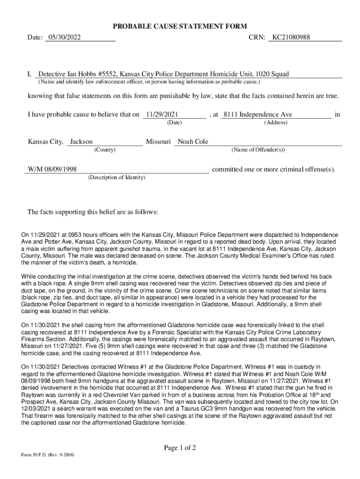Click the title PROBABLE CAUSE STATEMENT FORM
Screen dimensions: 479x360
click(179, 26)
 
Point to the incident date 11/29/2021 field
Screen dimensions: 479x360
click(161, 115)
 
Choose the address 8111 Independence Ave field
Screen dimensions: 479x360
click(258, 115)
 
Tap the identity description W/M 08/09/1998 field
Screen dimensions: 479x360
click(51, 169)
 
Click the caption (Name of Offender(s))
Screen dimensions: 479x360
click(258, 150)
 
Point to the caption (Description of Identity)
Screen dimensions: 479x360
click(116, 177)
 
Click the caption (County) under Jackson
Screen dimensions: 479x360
click(105, 150)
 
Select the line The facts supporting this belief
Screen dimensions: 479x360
click(93, 212)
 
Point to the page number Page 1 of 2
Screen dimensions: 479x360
click(180, 448)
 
